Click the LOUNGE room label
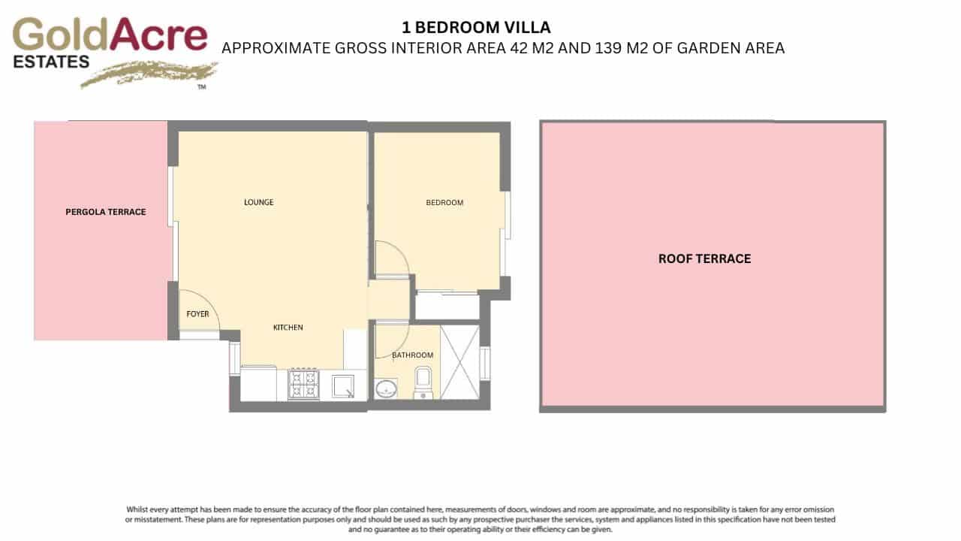click(x=258, y=202)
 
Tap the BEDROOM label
click(x=444, y=203)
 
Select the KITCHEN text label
click(x=288, y=328)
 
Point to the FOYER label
click(x=197, y=314)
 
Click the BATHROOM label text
click(x=413, y=355)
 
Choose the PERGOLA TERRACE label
click(x=106, y=212)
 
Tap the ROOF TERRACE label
click(x=704, y=258)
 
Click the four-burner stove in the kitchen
click(x=304, y=384)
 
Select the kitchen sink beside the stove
click(x=343, y=385)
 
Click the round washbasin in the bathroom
click(x=387, y=388)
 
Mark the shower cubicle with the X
click(x=460, y=362)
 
